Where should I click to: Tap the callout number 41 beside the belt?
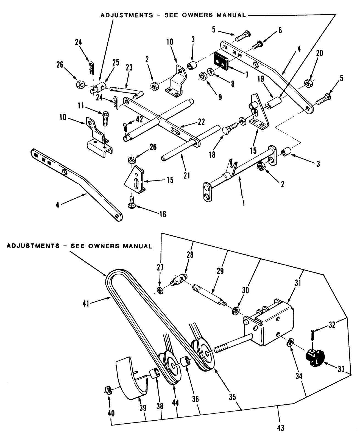(x=86, y=304)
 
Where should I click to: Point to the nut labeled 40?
(x=108, y=389)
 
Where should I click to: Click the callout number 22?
(x=201, y=122)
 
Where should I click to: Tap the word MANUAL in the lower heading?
(x=137, y=246)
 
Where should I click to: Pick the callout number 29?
(x=220, y=271)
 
